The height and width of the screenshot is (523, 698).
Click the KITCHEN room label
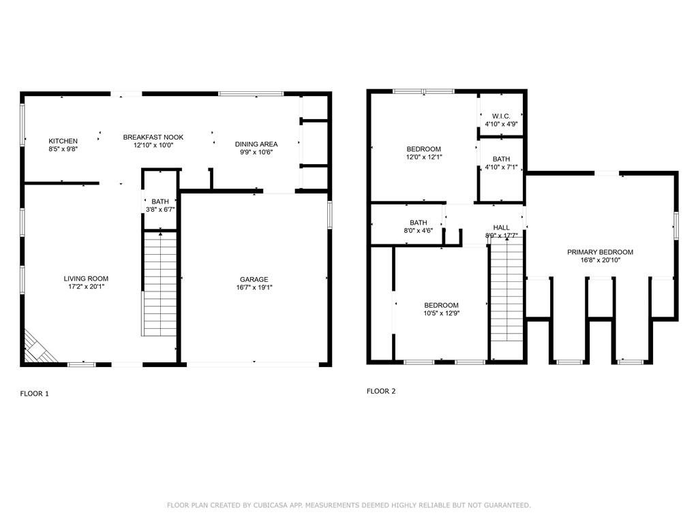(x=63, y=141)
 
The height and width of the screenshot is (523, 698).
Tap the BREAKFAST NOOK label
(x=153, y=138)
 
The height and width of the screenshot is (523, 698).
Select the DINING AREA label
(x=256, y=144)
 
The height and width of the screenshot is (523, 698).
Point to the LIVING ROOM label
(x=86, y=279)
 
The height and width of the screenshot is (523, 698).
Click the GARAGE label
(x=254, y=279)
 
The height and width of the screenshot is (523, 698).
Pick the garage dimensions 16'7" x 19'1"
(x=254, y=287)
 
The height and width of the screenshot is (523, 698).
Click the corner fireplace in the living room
(x=38, y=348)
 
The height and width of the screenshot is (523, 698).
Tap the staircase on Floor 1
(x=160, y=283)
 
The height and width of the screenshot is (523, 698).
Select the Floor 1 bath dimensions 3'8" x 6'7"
(x=160, y=210)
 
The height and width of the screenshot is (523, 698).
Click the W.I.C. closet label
(x=501, y=116)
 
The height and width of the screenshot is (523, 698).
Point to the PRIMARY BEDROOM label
(x=600, y=252)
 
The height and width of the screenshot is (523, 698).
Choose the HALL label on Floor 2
(x=501, y=227)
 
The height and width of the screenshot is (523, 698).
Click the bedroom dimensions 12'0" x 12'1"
(x=424, y=157)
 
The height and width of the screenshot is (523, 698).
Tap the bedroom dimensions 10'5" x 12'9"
(x=442, y=313)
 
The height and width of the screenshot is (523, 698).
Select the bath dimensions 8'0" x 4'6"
(x=419, y=230)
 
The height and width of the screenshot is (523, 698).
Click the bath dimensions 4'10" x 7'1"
(x=501, y=168)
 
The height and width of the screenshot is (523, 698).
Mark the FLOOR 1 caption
(x=34, y=394)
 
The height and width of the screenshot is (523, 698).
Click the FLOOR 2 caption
(x=381, y=392)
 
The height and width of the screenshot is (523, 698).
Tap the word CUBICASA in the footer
(x=270, y=505)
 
